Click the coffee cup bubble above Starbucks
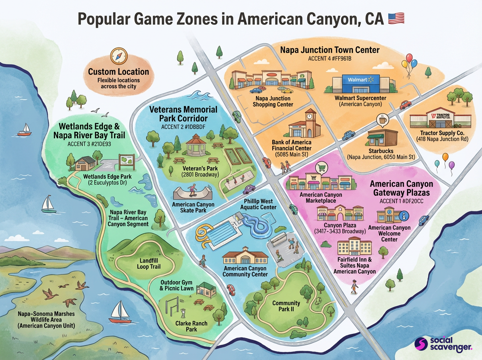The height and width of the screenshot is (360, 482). (x=381, y=120)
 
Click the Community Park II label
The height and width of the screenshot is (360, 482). (x=286, y=306)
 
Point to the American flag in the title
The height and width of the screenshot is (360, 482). (x=396, y=19)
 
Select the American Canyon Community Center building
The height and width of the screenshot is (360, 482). (x=245, y=257)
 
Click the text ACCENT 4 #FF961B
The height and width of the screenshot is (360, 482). (x=329, y=59)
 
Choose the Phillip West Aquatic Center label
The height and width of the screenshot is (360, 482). (x=258, y=204)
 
